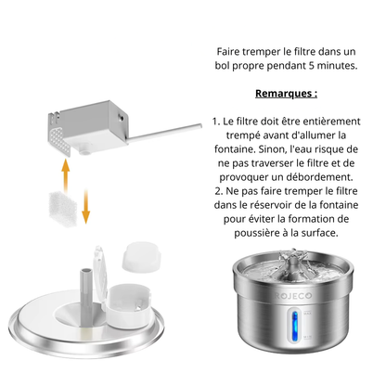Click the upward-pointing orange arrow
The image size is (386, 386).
pos(63,171)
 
